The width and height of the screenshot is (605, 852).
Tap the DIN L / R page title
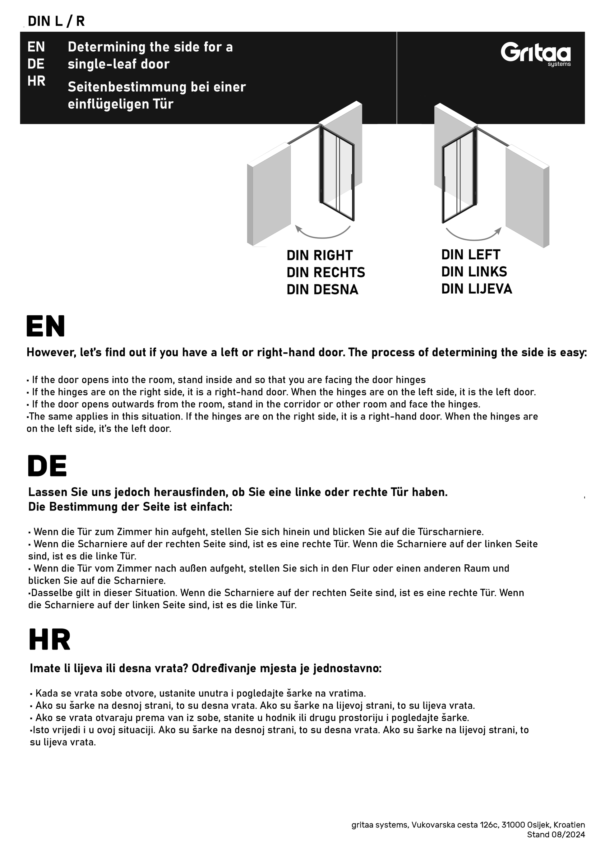point(56,21)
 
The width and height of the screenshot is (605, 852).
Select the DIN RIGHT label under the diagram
point(320,256)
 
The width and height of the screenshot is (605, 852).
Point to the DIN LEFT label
point(470,255)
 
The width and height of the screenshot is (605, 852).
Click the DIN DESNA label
point(322,290)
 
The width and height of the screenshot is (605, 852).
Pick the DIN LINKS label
point(474,272)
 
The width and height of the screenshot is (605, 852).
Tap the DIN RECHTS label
point(326,273)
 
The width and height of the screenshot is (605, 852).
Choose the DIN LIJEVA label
point(477,289)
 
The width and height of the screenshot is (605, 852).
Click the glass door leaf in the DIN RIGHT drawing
point(337,173)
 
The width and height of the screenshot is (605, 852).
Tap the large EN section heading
point(45,326)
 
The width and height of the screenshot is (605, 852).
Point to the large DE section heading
point(47,466)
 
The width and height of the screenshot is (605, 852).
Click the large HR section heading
point(49,640)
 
